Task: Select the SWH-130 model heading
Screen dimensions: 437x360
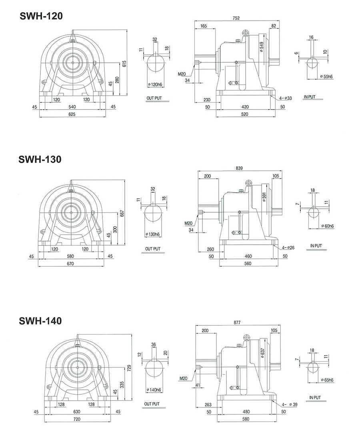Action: [x=40, y=159]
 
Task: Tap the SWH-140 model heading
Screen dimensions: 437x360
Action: [x=40, y=321]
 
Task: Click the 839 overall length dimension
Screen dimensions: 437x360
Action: [x=240, y=168]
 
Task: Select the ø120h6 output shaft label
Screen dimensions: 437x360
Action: [x=155, y=84]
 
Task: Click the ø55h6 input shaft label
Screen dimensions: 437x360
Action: [x=327, y=76]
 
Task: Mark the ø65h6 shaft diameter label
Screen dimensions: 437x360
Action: [x=328, y=378]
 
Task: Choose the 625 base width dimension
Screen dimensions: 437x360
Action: [x=72, y=114]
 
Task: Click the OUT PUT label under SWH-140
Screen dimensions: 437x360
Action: [x=152, y=404]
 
